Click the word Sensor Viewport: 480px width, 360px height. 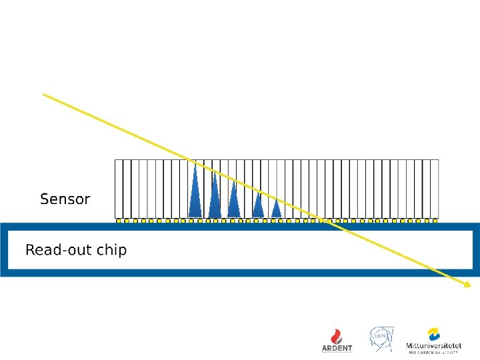click(65, 199)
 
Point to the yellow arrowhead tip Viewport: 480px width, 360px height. click(471, 287)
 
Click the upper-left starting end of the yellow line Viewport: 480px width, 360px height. click(44, 95)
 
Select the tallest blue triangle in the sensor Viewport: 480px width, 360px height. click(195, 193)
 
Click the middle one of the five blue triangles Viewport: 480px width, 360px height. click(233, 201)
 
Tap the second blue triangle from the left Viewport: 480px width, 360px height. click(214, 197)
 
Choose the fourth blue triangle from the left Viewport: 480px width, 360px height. click(257, 205)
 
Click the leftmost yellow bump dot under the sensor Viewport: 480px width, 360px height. click(119, 221)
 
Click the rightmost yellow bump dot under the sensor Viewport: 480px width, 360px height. click(435, 221)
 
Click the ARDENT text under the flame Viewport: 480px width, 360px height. click(337, 348)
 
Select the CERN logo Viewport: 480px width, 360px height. click(382, 339)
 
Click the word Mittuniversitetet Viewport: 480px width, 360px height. click(434, 346)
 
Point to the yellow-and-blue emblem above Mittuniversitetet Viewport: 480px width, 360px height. click(434, 334)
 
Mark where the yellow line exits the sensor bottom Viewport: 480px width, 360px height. click(323, 218)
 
